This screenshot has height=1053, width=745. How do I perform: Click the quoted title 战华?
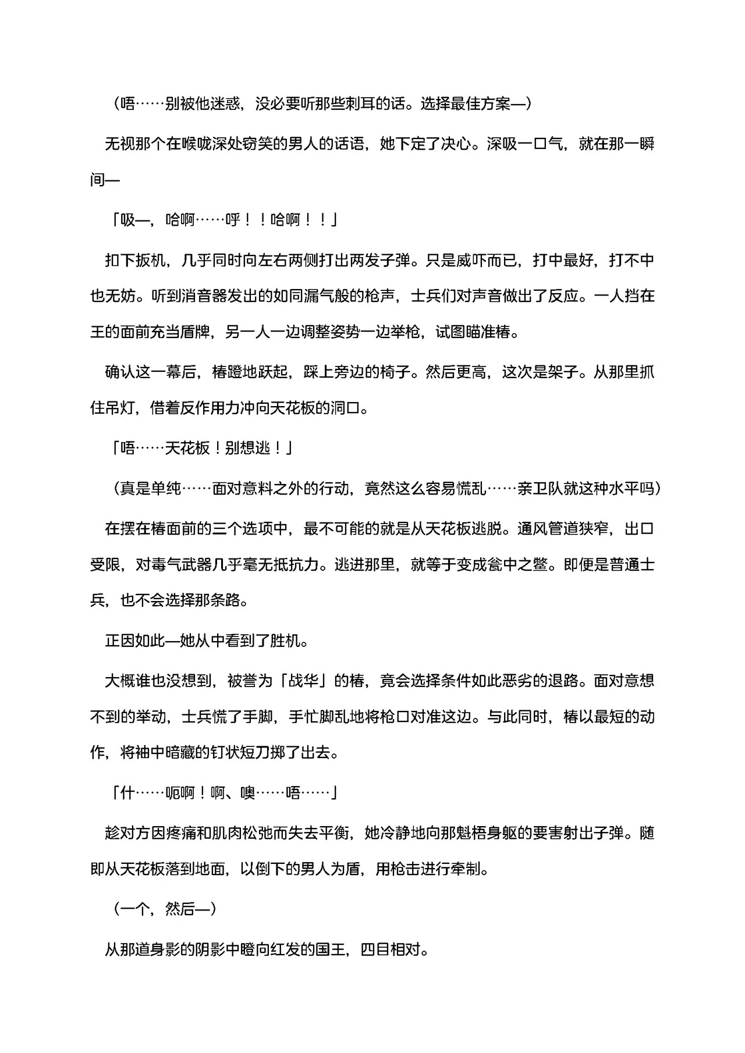point(303,681)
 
